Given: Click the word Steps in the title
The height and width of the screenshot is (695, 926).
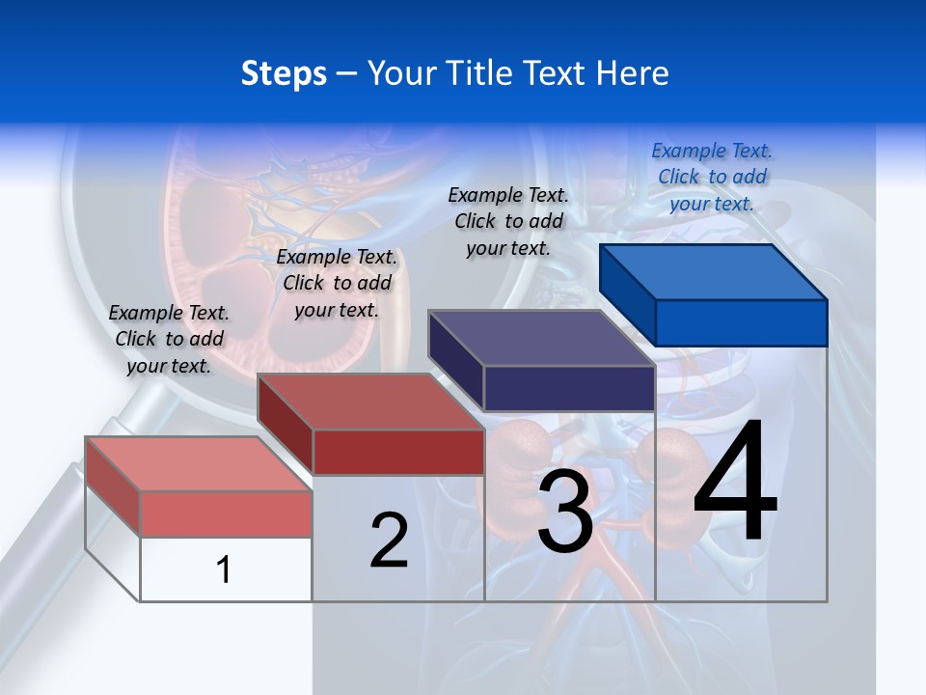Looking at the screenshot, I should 284,73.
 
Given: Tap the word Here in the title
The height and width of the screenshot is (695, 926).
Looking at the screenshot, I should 633,73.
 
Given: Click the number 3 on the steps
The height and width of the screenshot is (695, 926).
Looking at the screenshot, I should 565,512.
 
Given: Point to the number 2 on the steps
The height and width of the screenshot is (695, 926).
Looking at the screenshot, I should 389,541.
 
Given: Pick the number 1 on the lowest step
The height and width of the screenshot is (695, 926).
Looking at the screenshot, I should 224,570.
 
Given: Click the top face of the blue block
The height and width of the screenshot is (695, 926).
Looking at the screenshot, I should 712,272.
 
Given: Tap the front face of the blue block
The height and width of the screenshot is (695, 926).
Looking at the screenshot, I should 741,322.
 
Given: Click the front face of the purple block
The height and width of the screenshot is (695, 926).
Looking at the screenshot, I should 569,388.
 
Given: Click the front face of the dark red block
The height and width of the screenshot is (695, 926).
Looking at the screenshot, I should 397,452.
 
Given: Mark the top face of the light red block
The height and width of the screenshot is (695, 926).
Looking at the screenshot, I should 197,463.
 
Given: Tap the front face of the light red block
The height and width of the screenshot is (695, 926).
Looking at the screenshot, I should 226,514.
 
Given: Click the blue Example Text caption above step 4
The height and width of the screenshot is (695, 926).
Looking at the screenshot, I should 712,177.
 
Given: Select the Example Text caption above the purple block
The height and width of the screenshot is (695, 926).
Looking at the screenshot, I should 508,221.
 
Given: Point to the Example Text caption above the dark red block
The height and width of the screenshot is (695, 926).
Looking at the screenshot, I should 337,283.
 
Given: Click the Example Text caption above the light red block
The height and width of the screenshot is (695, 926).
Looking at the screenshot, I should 169,339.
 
